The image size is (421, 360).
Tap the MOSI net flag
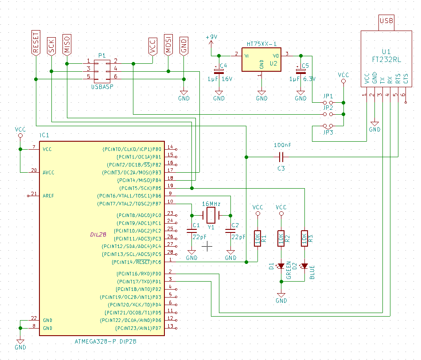168,44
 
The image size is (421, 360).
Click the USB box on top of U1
386,21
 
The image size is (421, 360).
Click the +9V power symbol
211,38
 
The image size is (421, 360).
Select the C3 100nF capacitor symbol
281,157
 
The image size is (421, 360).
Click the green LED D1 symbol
281,266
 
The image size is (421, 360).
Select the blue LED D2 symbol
304,266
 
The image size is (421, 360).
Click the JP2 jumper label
328,108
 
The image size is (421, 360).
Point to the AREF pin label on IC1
48,195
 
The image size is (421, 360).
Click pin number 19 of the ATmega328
171,186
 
